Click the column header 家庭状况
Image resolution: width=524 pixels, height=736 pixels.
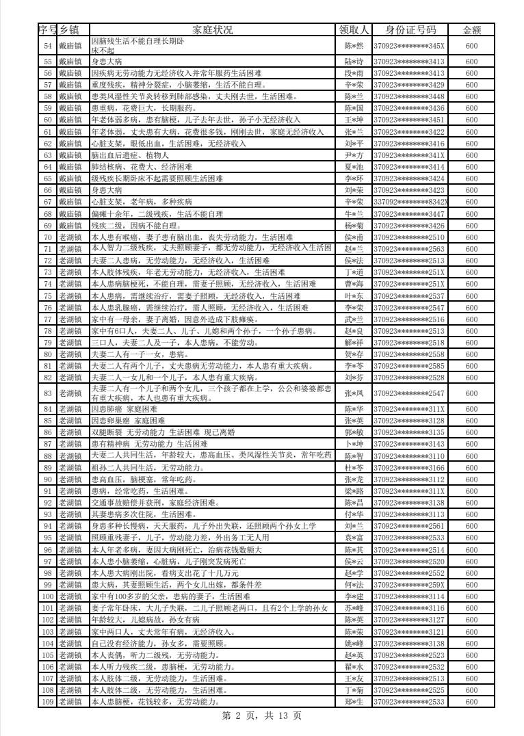(213, 29)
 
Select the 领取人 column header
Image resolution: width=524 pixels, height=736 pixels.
(354, 29)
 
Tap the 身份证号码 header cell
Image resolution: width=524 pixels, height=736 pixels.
(410, 29)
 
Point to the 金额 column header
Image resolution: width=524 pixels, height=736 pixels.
(472, 29)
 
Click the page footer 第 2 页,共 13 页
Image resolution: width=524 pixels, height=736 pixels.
(262, 715)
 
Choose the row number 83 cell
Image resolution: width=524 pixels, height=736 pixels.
(48, 393)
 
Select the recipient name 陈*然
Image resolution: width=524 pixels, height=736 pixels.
(354, 46)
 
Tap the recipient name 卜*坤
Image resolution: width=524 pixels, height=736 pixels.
(354, 444)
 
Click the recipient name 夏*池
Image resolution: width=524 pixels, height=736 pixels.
(354, 167)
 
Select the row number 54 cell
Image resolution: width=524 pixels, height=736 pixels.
(48, 46)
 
